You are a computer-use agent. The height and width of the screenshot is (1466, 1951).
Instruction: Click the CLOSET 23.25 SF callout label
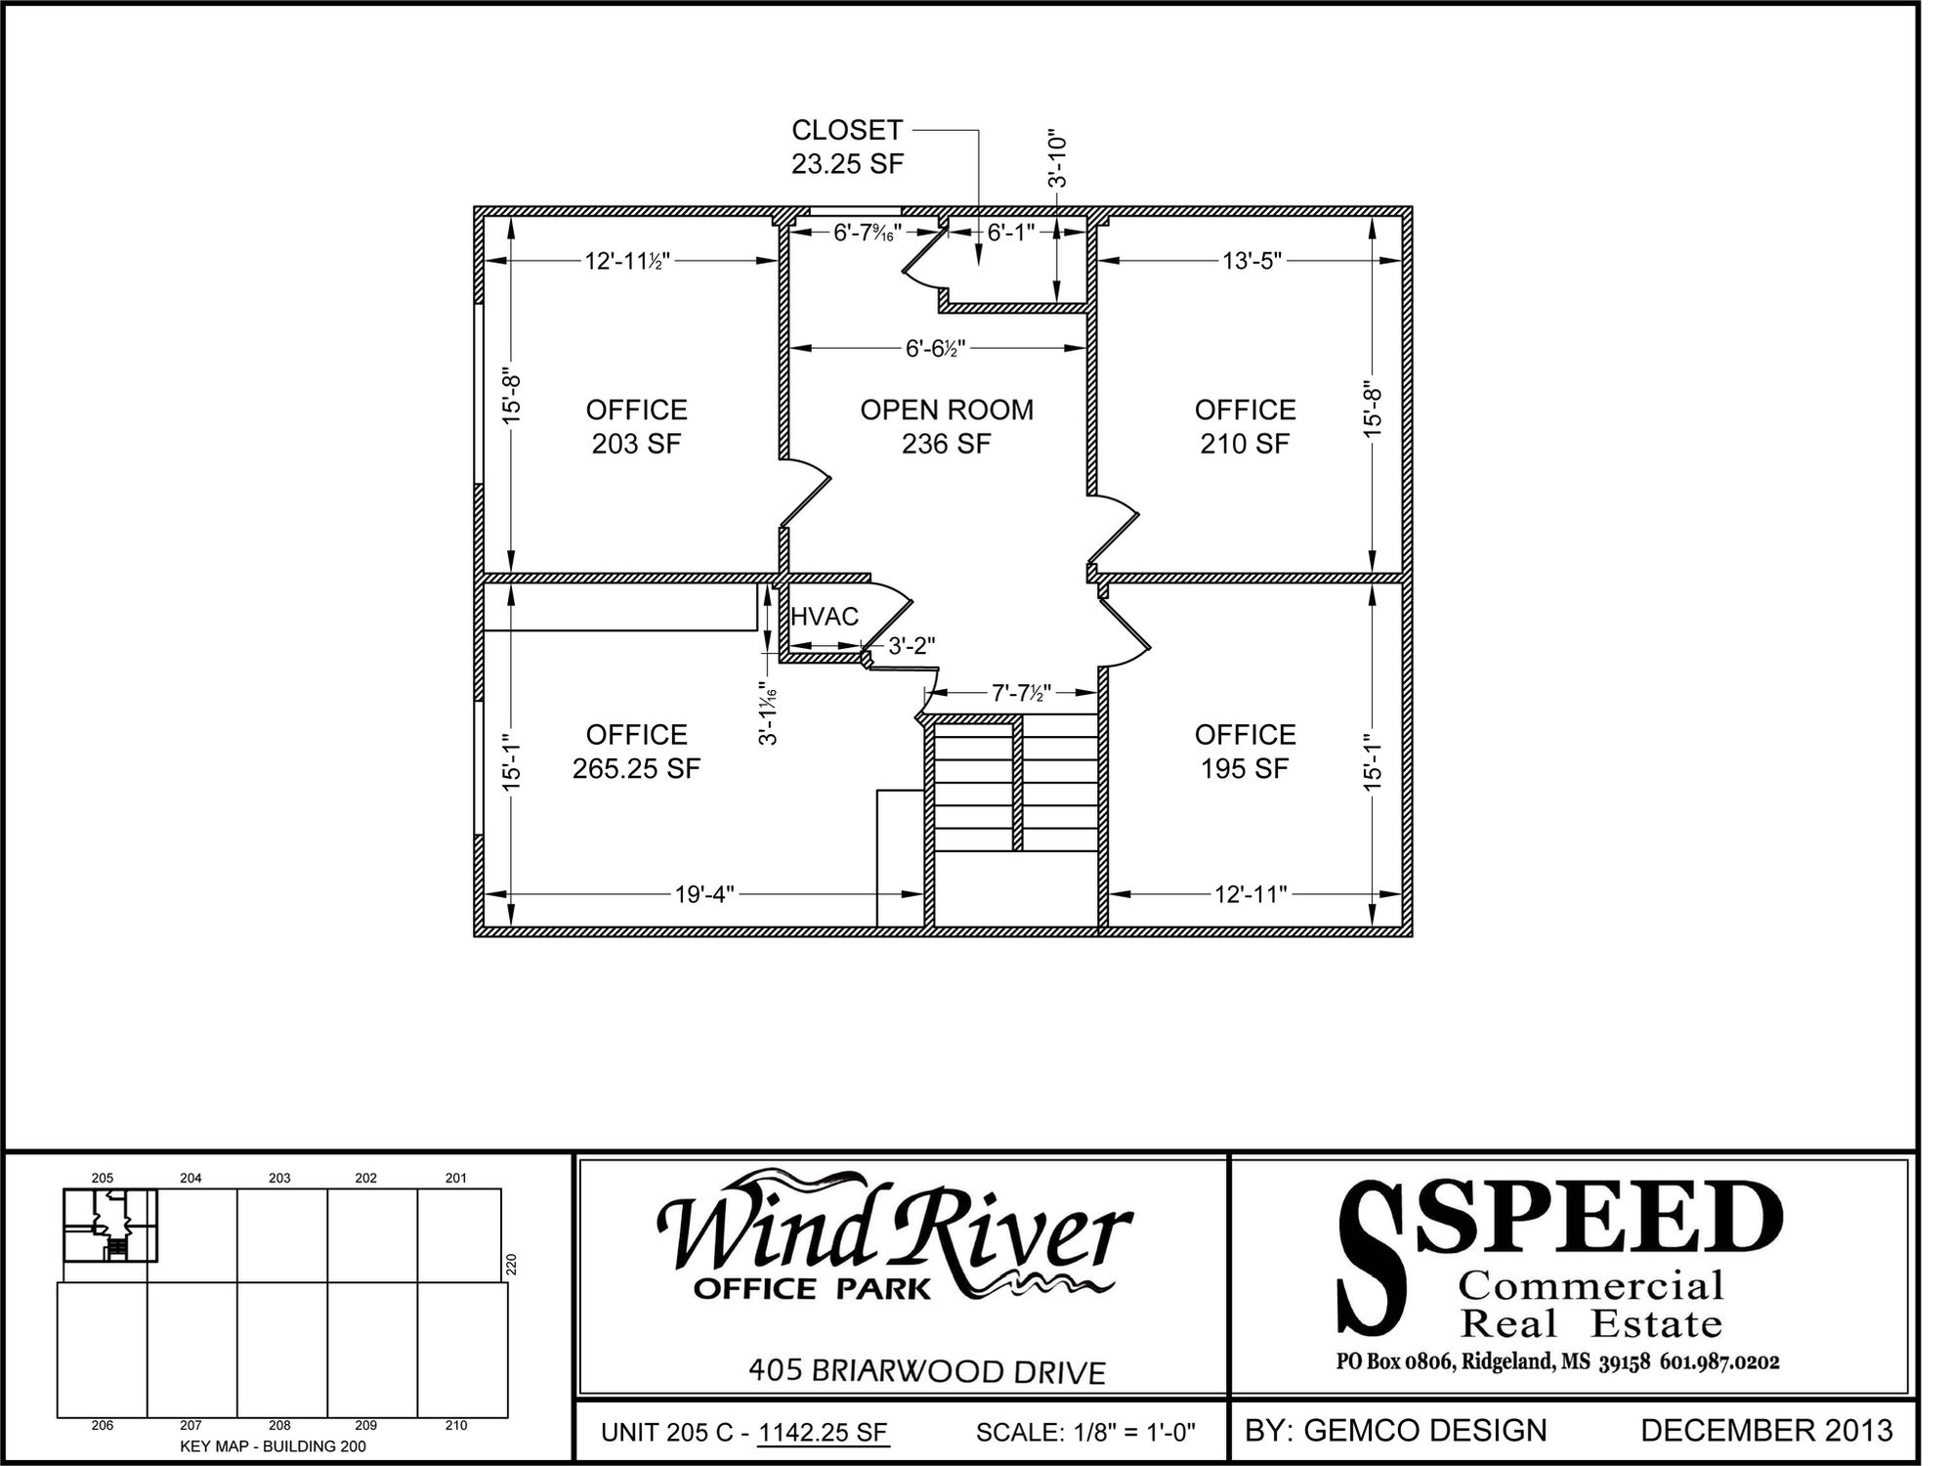tap(847, 147)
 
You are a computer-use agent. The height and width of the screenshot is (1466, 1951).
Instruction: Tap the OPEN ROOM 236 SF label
tap(947, 426)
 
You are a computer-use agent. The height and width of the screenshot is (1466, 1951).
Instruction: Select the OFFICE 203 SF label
tap(637, 426)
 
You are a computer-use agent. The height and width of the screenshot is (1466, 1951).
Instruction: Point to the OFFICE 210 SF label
tap(1245, 426)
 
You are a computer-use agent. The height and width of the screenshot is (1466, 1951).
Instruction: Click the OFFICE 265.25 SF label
tap(637, 752)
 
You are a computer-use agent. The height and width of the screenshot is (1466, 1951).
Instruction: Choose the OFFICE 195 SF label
tap(1245, 752)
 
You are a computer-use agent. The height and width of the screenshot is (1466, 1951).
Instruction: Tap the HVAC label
tap(825, 617)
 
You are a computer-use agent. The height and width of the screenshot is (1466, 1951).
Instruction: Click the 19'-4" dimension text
tap(704, 894)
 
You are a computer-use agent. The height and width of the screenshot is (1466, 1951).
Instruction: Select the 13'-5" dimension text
tap(1252, 261)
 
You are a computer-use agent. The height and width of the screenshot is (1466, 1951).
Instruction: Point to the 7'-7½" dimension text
tap(1022, 693)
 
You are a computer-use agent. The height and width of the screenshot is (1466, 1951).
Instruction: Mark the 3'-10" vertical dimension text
tap(1057, 160)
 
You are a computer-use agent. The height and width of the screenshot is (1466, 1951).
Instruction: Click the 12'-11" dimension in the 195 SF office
tap(1251, 894)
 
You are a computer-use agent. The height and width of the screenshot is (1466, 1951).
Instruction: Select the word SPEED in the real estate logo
tap(1598, 1219)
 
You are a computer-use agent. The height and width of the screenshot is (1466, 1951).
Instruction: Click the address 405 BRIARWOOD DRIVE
tap(927, 1371)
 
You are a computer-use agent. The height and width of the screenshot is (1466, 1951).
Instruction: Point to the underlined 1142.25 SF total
tap(824, 1433)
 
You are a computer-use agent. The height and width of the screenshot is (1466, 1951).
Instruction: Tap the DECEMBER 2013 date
tap(1766, 1431)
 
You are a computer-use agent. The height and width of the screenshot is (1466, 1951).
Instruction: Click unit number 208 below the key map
tap(279, 1426)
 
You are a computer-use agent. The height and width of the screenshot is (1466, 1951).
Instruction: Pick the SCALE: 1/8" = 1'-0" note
tap(1085, 1433)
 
